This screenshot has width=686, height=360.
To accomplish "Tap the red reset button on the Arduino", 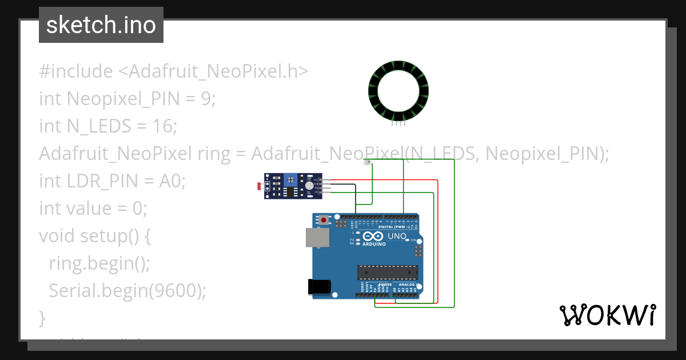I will coord(325,220).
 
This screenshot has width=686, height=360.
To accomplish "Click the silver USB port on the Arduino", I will coord(317,238).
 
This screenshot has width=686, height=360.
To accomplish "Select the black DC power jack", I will coord(318,286).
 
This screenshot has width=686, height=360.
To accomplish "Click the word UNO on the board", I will coord(397,236).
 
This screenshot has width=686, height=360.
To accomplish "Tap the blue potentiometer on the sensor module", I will coord(292,179).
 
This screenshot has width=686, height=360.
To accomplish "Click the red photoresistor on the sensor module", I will coord(260,186).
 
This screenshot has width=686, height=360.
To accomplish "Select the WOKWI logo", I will coord(607,315).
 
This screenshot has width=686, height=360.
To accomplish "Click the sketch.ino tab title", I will coord(101,25).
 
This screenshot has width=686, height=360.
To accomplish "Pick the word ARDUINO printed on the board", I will coord(374,244).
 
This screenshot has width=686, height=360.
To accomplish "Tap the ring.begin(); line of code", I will coord(99,263).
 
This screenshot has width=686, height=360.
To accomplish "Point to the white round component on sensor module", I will coord(309,186).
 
